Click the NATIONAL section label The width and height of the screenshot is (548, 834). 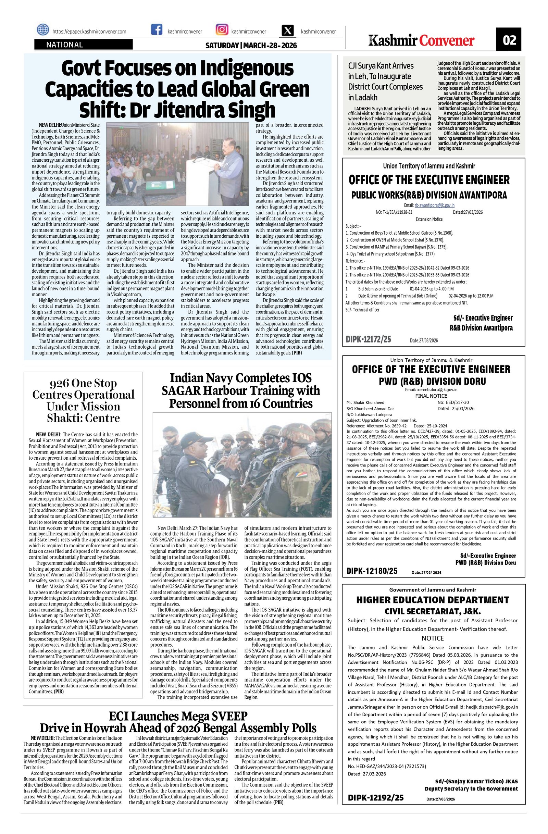coord(65,45)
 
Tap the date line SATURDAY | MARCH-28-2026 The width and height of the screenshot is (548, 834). coord(251,46)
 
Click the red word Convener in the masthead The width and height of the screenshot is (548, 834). coord(447,41)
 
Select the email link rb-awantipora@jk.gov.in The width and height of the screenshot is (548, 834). coord(435,206)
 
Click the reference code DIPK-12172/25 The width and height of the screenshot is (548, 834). coord(368,339)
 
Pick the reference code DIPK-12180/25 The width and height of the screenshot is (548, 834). coord(372,571)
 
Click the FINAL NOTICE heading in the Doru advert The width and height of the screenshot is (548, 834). coord(431,396)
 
